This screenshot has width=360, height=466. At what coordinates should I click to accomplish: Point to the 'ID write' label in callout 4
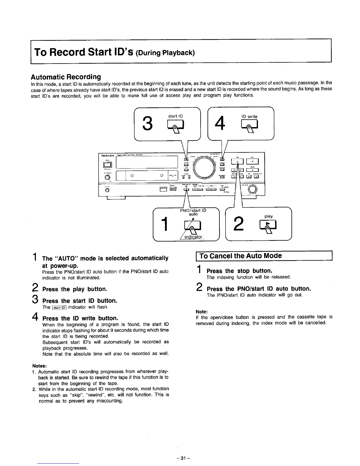(249, 116)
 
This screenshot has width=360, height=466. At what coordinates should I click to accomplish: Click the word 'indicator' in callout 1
(193, 237)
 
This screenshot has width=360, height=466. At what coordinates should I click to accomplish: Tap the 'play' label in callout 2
(268, 216)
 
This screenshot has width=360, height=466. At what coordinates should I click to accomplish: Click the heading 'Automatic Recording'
(66, 77)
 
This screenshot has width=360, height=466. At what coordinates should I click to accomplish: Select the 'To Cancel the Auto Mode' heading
(241, 256)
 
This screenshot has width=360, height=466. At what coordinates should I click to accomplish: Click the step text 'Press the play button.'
(75, 289)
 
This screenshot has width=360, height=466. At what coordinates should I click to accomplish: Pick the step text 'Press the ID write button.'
(80, 318)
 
